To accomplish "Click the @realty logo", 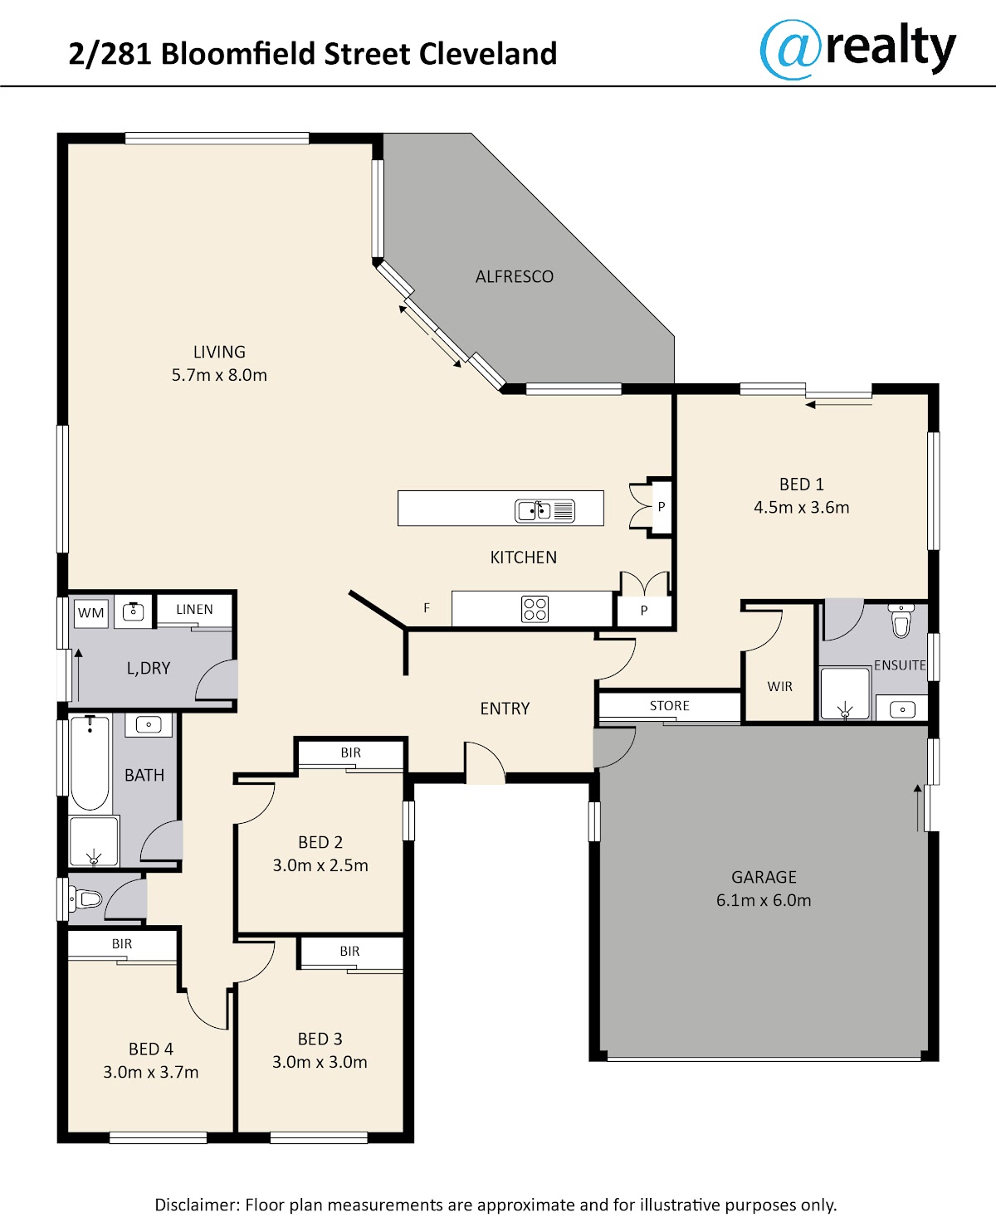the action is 857,49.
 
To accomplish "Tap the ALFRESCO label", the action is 515,277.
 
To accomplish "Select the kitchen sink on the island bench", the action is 544,511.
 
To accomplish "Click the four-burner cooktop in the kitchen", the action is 535,609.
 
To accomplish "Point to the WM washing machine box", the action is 91,612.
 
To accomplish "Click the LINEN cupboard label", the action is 194,609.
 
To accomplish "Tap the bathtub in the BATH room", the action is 90,763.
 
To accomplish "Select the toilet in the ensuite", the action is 901,621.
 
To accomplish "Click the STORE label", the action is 670,706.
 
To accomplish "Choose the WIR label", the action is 779,687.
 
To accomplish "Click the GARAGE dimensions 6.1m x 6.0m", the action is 764,900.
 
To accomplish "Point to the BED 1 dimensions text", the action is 801,507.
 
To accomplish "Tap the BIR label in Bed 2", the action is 351,752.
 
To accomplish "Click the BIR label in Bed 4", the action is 122,944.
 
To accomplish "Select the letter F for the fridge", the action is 427,608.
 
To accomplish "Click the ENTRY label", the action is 505,709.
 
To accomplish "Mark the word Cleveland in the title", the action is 487,54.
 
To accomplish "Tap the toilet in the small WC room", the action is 85,898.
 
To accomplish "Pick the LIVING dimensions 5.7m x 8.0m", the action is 219,375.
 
